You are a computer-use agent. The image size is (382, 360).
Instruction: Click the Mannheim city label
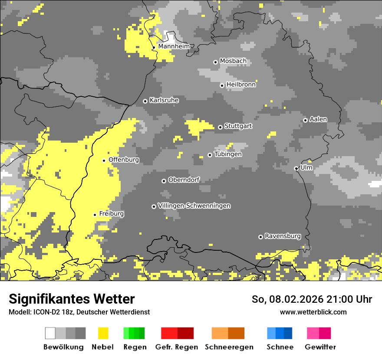[174, 46]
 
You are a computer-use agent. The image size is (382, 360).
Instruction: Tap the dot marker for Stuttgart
[221, 127]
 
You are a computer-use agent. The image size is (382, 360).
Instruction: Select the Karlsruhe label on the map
[164, 100]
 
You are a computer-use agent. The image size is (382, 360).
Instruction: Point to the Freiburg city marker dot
[95, 215]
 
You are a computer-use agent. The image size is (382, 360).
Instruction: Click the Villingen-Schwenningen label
[194, 206]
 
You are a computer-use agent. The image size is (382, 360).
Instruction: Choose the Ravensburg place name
[283, 236]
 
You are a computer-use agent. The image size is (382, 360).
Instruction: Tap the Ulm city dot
[296, 168]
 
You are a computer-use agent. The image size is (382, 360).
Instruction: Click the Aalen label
[318, 119]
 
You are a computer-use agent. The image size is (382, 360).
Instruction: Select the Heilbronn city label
[241, 85]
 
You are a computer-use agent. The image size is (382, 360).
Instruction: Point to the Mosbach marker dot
[215, 62]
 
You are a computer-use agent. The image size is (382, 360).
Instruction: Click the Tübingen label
[228, 154]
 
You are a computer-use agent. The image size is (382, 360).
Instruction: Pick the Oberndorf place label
[184, 180]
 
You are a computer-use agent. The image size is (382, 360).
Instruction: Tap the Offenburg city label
[124, 160]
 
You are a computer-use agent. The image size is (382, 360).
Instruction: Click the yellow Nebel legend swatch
[103, 333]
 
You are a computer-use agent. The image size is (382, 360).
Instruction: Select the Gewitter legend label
[320, 347]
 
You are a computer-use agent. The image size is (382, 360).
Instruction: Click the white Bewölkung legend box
[50, 333]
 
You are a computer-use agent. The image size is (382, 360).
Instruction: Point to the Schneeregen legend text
[229, 347]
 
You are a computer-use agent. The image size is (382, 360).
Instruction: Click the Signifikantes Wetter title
[72, 299]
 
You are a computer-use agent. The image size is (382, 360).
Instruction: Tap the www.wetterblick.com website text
[313, 312]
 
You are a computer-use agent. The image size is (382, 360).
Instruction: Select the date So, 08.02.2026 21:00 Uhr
[312, 299]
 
